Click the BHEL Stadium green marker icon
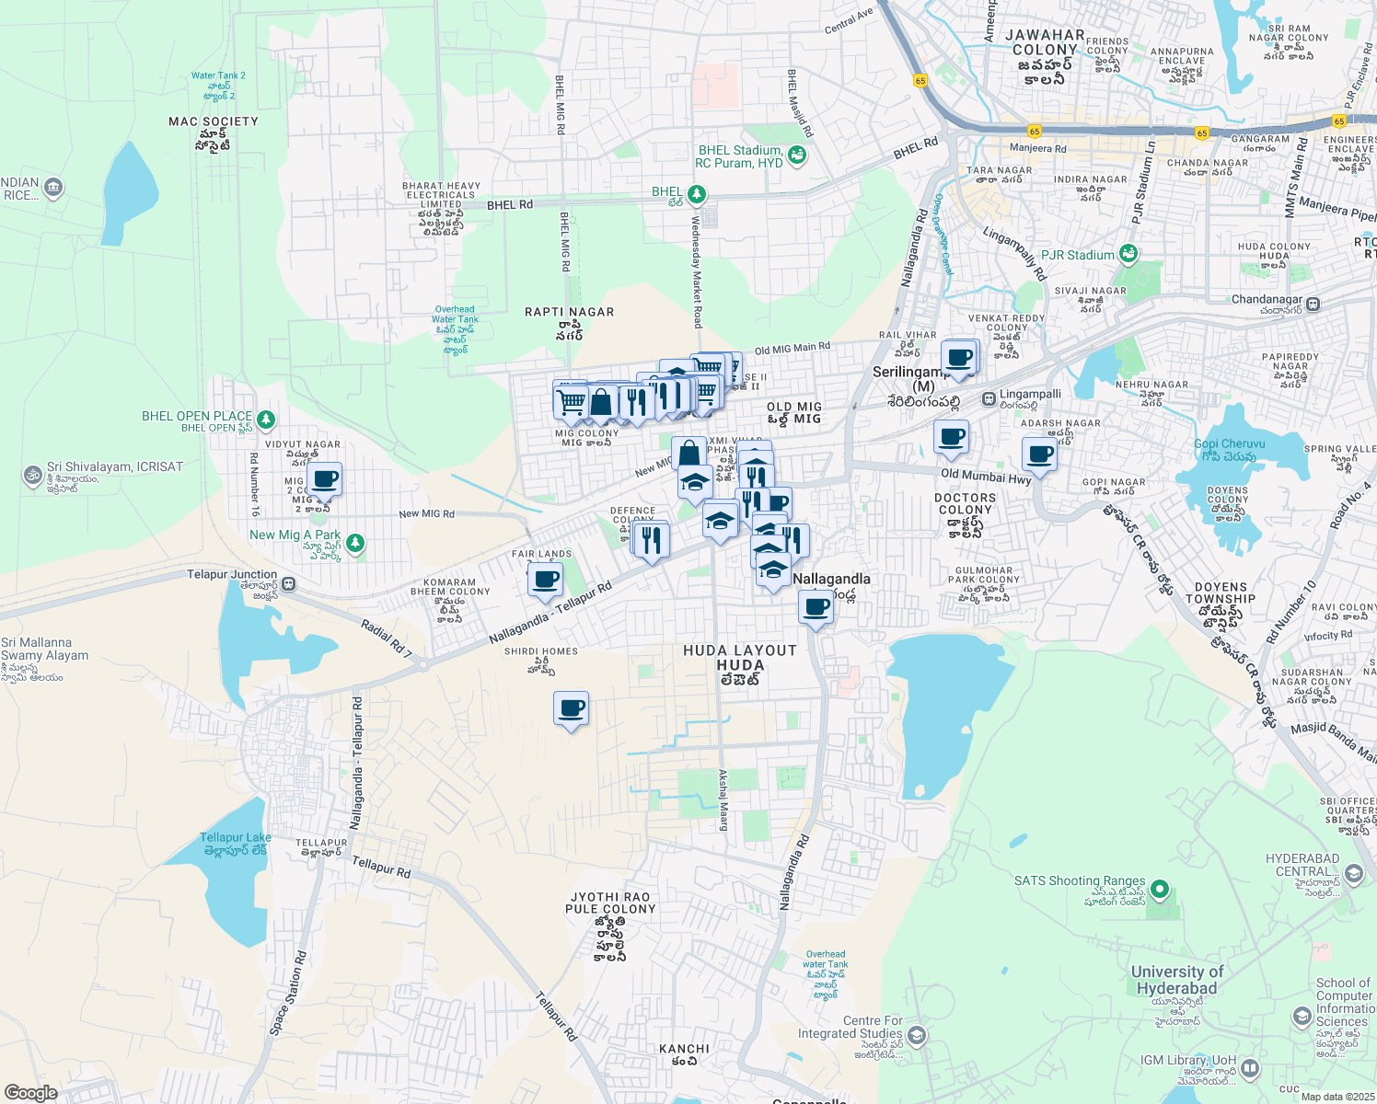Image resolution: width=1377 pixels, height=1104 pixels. (797, 155)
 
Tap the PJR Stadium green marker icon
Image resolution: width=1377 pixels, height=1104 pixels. (1128, 254)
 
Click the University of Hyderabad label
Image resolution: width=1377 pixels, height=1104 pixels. (1176, 980)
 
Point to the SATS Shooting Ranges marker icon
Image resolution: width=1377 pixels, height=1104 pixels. (1160, 890)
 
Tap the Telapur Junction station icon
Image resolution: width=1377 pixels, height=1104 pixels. (289, 583)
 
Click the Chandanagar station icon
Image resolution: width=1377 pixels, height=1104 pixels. (1313, 304)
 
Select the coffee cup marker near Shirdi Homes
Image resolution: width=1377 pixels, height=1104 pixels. (572, 708)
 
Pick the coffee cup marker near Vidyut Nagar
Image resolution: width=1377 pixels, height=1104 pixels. (324, 479)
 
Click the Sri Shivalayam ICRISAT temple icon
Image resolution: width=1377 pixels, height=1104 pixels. (32, 476)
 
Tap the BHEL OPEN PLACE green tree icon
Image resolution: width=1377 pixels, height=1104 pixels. (266, 420)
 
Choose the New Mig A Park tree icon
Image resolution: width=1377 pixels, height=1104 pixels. (354, 543)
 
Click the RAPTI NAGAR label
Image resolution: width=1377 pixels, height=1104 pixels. (569, 312)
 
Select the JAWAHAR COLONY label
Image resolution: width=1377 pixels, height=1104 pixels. (1045, 42)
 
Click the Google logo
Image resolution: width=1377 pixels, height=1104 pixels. (30, 1092)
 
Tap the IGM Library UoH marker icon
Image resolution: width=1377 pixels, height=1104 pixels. (1249, 1068)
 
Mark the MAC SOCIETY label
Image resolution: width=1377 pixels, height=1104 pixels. (214, 121)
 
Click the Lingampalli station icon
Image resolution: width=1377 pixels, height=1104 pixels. (989, 399)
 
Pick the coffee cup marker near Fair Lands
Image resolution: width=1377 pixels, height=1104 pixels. (546, 580)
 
